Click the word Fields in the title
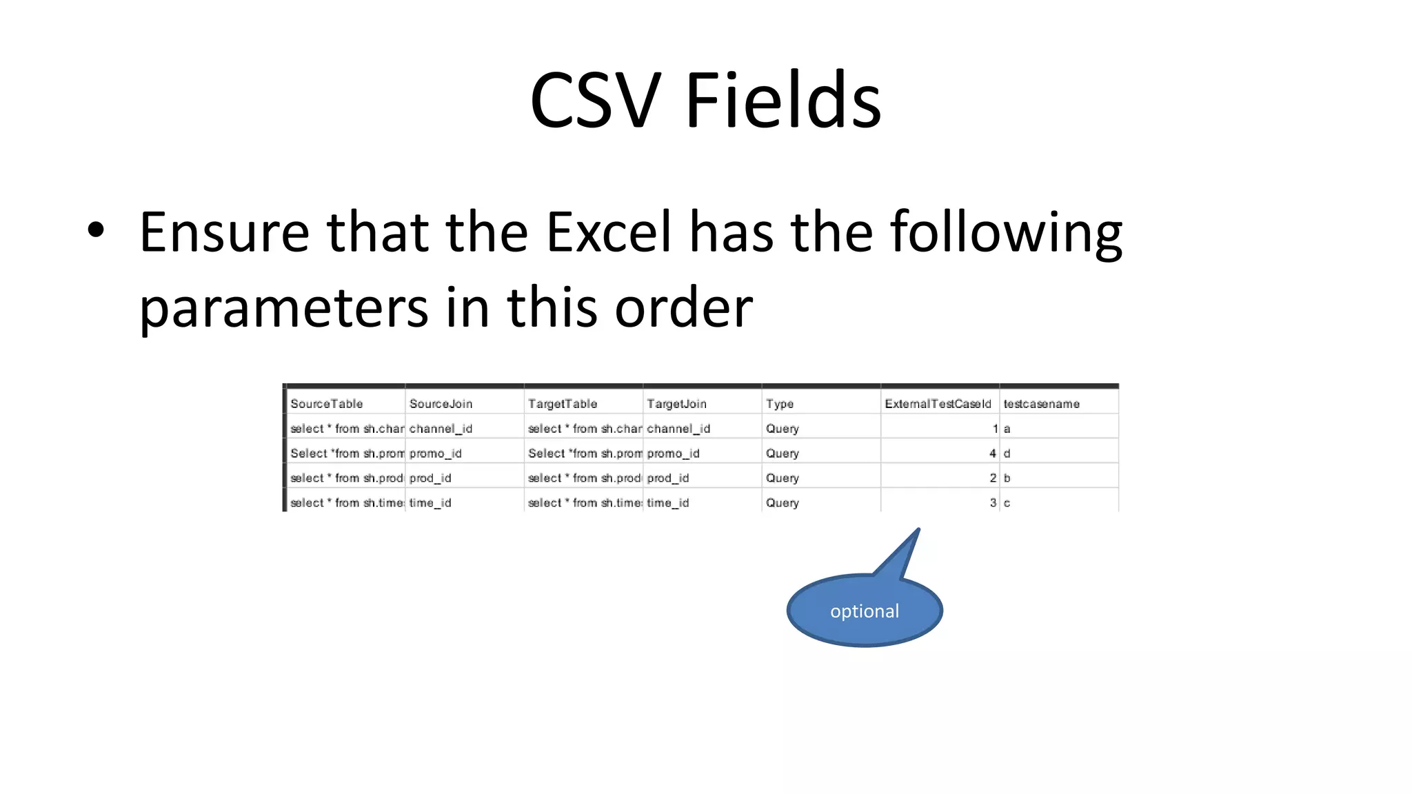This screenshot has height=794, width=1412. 783,101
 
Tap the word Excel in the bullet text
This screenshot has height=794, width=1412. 609,232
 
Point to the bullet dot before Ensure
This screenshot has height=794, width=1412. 96,231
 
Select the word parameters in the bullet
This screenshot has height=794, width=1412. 283,307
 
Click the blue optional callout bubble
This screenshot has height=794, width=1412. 865,611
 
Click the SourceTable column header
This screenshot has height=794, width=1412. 326,404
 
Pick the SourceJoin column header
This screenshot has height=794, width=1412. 441,404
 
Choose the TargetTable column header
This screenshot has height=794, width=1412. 563,404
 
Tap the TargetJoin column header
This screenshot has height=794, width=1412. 676,404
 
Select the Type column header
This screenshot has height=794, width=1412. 780,404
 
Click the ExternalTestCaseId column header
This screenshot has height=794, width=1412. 938,404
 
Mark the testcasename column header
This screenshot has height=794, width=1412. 1041,404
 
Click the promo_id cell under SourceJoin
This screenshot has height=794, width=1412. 435,454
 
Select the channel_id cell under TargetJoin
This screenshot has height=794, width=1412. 678,429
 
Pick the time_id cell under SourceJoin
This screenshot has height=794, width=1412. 430,503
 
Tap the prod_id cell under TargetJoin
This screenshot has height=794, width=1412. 667,478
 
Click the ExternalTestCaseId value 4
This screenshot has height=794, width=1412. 992,454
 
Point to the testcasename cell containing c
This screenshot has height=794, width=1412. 1007,503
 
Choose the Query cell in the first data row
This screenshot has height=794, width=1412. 783,429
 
